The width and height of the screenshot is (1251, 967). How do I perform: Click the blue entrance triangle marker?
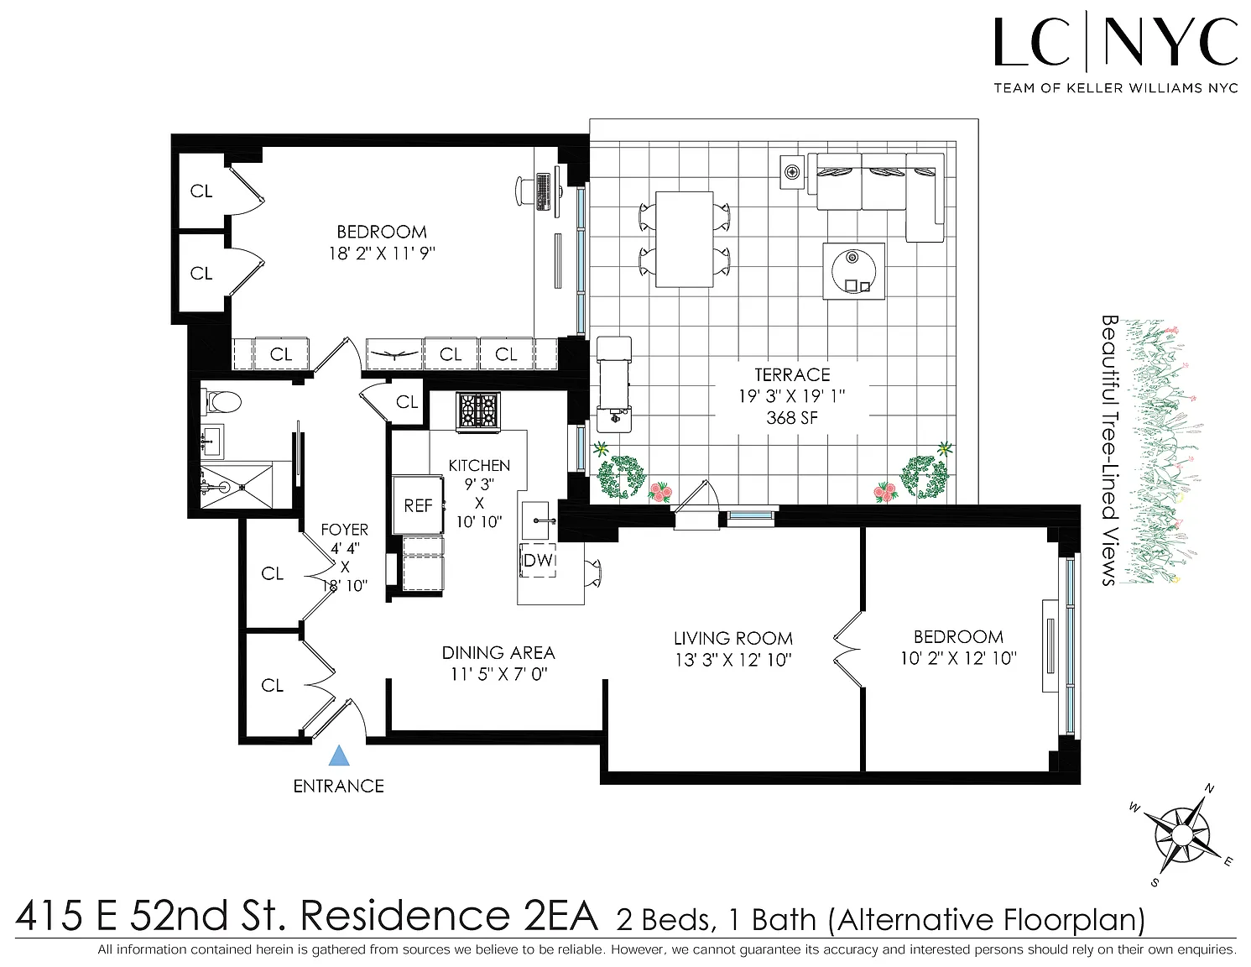coord(339,755)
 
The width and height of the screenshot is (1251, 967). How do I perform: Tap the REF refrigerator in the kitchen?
coord(418,505)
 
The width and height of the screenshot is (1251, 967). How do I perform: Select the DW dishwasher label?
coord(539,560)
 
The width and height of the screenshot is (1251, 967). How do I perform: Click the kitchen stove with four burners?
coord(478,411)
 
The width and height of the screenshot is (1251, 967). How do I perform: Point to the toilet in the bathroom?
coord(221,402)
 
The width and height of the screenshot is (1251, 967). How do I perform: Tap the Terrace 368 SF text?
coord(792,418)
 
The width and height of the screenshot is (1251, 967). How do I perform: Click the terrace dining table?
coord(684,239)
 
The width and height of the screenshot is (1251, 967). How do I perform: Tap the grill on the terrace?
coord(613,384)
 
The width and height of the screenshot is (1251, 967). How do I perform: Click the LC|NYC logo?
coord(1115,54)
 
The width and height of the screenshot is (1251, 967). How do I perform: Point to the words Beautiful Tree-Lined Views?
coord(1110,451)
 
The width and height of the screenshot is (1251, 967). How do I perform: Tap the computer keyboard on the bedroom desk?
coord(543,191)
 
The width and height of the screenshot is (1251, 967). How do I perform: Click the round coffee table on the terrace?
coord(854,270)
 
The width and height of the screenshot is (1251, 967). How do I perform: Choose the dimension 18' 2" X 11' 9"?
coord(382,254)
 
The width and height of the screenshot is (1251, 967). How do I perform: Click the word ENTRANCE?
coord(338,787)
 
